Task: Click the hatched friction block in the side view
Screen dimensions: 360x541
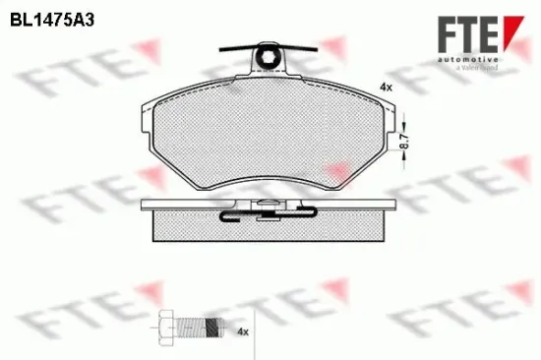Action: [266, 228]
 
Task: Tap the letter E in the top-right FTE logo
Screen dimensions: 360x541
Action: [487, 30]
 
